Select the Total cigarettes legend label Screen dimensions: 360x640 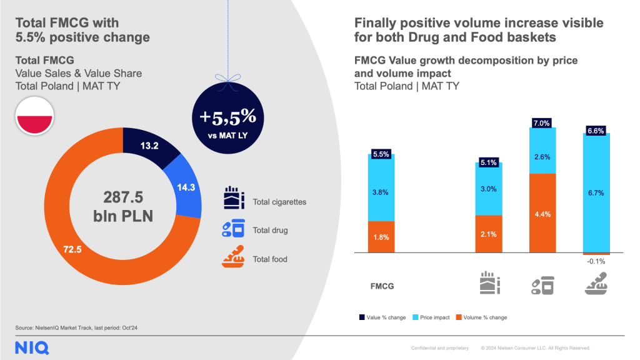[279, 202]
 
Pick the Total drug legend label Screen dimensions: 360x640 [270, 231]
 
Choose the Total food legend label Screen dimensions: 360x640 [270, 259]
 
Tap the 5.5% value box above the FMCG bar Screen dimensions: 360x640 [381, 153]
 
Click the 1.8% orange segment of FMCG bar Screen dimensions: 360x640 [381, 237]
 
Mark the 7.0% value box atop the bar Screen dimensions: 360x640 [541, 123]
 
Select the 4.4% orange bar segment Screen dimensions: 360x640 [541, 213]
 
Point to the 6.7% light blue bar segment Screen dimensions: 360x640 [595, 193]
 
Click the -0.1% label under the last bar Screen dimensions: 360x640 [595, 262]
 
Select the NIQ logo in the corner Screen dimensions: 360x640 [32, 348]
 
